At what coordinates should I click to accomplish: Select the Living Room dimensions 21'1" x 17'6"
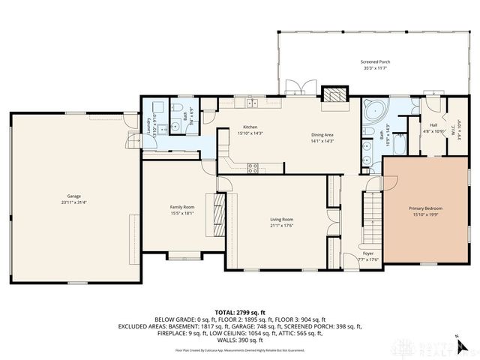(x=282, y=224)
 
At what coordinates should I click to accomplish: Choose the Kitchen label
(x=250, y=127)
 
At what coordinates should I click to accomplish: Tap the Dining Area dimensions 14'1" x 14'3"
(x=322, y=141)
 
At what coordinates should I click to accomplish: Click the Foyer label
(x=368, y=253)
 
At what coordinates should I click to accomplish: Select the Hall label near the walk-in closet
(x=433, y=125)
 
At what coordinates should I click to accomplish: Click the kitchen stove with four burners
(x=253, y=167)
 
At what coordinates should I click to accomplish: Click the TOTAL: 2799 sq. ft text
(x=239, y=312)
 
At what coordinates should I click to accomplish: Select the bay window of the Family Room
(x=184, y=256)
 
